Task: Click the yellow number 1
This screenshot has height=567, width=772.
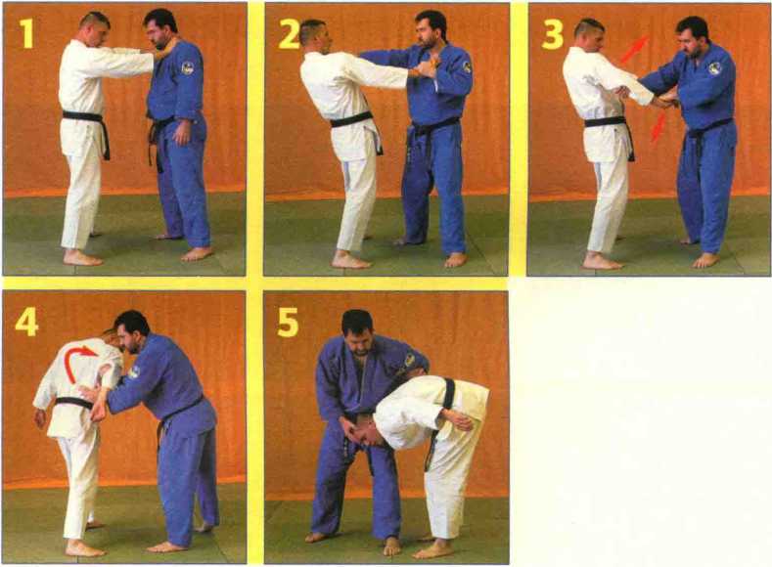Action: [x=25, y=33]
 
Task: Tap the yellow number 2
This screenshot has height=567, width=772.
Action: [x=289, y=34]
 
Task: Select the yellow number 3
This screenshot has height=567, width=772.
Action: [x=552, y=34]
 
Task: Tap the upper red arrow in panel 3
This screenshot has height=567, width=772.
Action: [x=634, y=50]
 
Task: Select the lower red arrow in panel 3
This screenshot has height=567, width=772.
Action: [x=658, y=127]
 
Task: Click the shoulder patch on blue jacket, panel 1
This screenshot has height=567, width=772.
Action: [x=187, y=67]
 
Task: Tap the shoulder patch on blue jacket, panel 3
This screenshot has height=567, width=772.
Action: [x=715, y=67]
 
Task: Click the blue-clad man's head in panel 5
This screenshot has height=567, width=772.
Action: [x=358, y=330]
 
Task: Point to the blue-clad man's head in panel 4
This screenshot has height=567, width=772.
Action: [x=131, y=331]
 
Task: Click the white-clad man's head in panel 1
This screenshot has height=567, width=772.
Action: [x=95, y=27]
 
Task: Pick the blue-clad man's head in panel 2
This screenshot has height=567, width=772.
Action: [x=430, y=28]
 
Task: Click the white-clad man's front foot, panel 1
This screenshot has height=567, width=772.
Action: [x=83, y=258]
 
